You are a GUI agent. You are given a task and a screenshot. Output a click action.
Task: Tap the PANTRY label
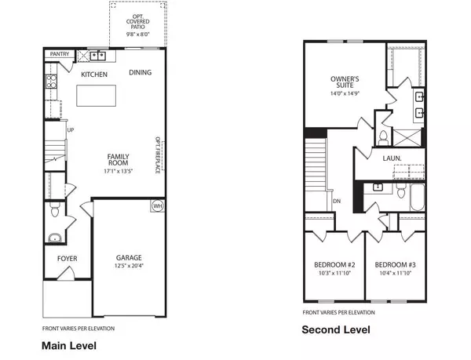coord(59,54)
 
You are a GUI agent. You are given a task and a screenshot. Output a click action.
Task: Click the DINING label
coord(141,73)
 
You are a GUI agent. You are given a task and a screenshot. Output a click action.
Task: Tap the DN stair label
coord(336,202)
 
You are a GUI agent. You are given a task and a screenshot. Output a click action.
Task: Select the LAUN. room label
coord(392,158)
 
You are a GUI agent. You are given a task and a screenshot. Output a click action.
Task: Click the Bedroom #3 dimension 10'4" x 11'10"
coord(395,274)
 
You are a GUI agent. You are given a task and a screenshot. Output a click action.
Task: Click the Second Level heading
coord(334,330)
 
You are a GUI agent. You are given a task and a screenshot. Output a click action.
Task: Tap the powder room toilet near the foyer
coord(55,238)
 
